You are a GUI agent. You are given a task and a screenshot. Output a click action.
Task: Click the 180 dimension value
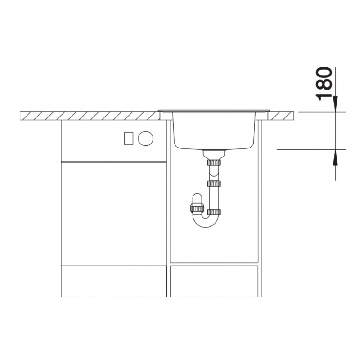324,84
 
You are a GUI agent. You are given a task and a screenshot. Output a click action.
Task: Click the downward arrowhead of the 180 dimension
335,104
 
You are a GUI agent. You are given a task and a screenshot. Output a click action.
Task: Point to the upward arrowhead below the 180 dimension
335,157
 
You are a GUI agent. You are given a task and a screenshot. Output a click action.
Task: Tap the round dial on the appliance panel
145,139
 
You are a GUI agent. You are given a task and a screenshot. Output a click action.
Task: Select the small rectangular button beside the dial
129,139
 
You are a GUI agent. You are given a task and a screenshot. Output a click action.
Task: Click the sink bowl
214,130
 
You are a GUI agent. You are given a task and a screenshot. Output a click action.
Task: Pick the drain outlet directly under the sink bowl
214,155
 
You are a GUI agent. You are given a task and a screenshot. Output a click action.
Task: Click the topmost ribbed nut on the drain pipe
214,162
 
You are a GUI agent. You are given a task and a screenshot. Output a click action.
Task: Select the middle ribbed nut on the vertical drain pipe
214,184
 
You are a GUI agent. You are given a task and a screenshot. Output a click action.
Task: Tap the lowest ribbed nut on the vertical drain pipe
214,212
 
